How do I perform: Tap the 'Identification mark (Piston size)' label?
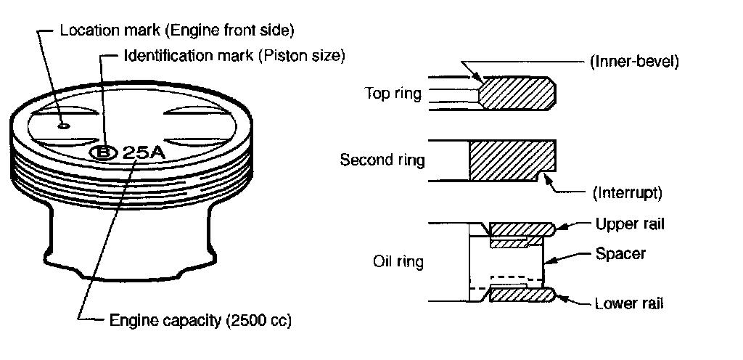tap(234, 55)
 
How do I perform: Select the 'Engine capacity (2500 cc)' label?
tap(200, 320)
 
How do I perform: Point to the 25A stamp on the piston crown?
tap(142, 152)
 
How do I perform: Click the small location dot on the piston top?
tap(64, 126)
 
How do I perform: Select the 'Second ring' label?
tap(382, 160)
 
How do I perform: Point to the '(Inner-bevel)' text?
tap(632, 62)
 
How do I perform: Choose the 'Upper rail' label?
tap(628, 224)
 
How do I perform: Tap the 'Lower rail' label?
tap(628, 303)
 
